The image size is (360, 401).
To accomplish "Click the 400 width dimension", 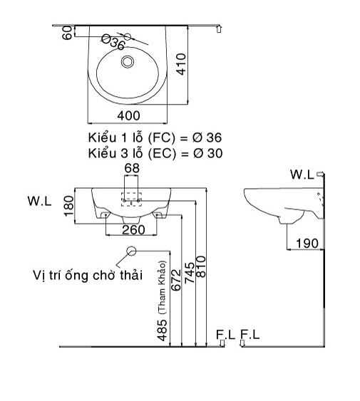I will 128,115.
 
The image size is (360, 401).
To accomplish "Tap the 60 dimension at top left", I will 67,33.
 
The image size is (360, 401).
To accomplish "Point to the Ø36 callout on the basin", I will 113,43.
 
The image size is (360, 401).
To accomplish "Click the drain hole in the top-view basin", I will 128,62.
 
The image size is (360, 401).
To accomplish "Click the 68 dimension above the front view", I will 133,168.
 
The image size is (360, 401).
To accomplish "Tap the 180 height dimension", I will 68,206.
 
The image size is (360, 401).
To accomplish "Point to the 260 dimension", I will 133,229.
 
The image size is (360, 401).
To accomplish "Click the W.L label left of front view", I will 39,202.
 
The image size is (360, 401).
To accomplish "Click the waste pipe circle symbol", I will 131,251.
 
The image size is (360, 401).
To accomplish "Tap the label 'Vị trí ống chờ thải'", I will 88,274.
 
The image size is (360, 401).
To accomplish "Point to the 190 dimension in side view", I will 307,243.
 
